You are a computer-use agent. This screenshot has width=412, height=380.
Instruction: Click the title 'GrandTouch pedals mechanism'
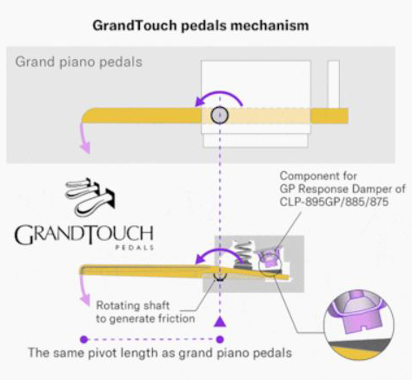[201, 25]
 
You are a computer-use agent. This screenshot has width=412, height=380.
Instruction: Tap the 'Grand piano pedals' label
[79, 62]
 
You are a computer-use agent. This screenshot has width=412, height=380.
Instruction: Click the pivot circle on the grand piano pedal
[220, 115]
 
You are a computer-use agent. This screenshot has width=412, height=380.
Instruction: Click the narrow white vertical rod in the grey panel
[334, 84]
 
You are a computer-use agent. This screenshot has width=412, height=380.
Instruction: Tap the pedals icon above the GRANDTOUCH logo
[90, 197]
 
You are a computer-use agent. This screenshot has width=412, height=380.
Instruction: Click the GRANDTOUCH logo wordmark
[83, 235]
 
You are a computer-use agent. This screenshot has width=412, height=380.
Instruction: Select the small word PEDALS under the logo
[135, 248]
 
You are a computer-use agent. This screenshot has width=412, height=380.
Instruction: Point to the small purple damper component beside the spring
[268, 258]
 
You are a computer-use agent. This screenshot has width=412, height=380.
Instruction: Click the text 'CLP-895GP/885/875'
[334, 202]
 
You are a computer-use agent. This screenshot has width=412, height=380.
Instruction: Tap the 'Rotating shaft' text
[133, 305]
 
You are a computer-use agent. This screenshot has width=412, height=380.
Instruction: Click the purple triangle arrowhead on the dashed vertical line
[220, 322]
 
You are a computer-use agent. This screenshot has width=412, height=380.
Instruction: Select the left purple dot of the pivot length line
[84, 339]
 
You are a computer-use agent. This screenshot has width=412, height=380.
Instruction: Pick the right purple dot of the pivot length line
[220, 339]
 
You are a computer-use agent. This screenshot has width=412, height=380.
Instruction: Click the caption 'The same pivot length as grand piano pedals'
[160, 353]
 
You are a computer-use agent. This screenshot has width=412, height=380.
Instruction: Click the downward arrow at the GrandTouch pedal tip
[84, 290]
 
